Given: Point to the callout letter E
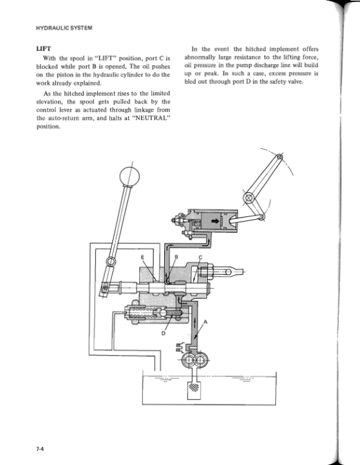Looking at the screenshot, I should click(x=141, y=257).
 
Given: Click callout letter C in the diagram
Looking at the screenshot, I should click(x=200, y=257).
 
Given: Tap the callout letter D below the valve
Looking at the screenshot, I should click(x=163, y=333).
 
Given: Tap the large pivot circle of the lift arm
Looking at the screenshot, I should click(x=248, y=199).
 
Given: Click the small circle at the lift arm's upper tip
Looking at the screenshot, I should click(x=279, y=158).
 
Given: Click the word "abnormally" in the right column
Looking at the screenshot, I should click(x=202, y=57).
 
